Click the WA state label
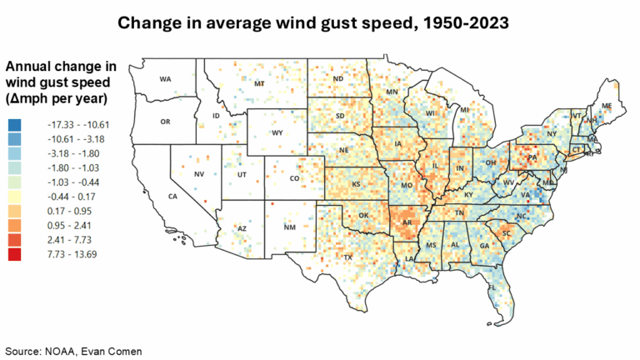coord(165,79)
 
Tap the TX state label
coord(348,257)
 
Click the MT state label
coord(259,84)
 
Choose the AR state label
coord(406,223)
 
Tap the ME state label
coord(606,106)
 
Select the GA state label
coord(484,247)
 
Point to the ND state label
coord(338,79)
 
